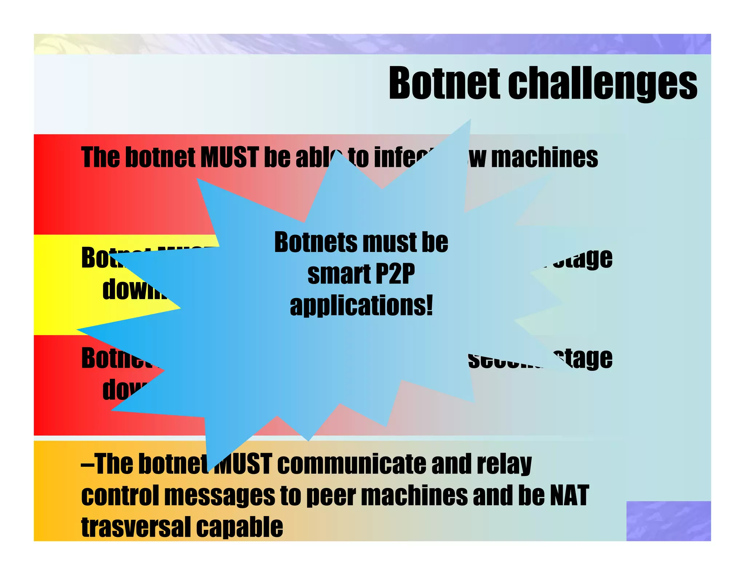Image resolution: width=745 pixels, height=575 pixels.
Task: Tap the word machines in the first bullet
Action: click(x=544, y=158)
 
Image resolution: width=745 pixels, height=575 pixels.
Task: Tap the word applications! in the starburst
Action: click(x=361, y=306)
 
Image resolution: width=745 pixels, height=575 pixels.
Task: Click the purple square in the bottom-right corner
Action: click(x=668, y=520)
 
